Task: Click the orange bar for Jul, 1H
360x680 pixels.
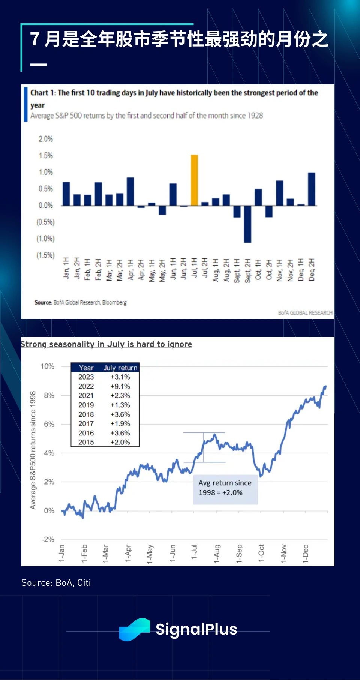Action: [x=194, y=180]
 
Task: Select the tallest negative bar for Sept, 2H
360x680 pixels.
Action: [x=247, y=224]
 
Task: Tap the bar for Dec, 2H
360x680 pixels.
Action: [x=312, y=189]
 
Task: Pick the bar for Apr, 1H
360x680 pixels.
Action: [x=130, y=191]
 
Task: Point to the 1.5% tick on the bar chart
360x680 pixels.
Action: [x=46, y=155]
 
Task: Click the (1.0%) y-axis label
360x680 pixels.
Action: [x=45, y=239]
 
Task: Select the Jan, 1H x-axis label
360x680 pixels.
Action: [x=66, y=268]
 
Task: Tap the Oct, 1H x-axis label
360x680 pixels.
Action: [x=258, y=269]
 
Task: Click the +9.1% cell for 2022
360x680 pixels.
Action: [x=120, y=386]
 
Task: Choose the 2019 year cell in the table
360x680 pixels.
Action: [x=86, y=405]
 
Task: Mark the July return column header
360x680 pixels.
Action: [x=120, y=368]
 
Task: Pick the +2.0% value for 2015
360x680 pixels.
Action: [x=120, y=442]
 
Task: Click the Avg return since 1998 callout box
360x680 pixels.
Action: [x=225, y=488]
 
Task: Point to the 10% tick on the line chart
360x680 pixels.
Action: [x=48, y=366]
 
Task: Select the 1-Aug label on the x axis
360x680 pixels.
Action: [x=217, y=554]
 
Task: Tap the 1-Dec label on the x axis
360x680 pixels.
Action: [x=306, y=554]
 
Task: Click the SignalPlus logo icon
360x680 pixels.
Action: [x=134, y=629]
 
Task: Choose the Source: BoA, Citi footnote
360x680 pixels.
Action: [x=56, y=582]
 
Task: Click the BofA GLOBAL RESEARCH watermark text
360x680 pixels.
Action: [x=305, y=312]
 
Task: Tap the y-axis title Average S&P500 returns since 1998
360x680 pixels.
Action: [x=33, y=450]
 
